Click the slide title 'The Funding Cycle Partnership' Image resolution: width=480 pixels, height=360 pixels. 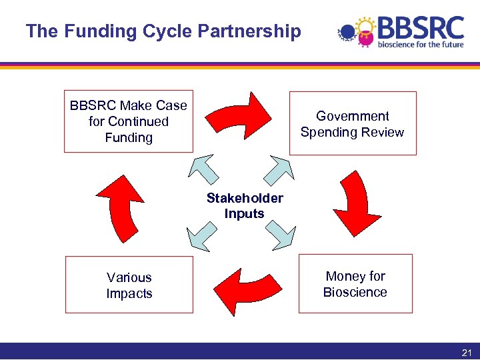pyautogui.click(x=163, y=31)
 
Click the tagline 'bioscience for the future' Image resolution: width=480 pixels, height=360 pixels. pyautogui.click(x=420, y=45)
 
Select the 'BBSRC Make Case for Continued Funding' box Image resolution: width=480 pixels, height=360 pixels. pyautogui.click(x=129, y=121)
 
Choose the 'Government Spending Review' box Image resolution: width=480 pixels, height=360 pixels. pyautogui.click(x=352, y=123)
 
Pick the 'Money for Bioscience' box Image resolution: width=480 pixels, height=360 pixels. pyautogui.click(x=355, y=284)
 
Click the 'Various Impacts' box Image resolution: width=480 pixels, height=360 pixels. pyautogui.click(x=129, y=285)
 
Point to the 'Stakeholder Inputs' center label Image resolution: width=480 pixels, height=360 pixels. pyautogui.click(x=245, y=206)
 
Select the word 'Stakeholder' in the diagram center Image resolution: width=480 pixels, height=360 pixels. pyautogui.click(x=245, y=198)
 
